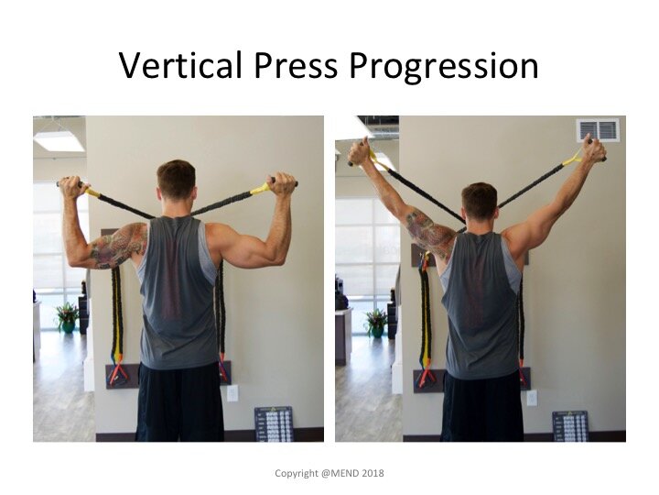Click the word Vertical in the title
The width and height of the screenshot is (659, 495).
click(181, 65)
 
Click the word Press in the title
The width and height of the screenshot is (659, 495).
click(296, 65)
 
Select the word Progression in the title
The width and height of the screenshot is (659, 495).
click(443, 68)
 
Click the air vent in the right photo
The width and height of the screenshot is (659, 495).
click(598, 130)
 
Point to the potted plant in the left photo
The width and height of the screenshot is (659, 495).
click(67, 317)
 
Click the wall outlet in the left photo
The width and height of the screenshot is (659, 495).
click(232, 393)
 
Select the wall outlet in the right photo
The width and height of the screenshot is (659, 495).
click(532, 398)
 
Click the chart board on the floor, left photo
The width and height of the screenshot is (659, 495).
click(274, 423)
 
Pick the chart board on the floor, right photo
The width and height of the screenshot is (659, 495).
click(570, 426)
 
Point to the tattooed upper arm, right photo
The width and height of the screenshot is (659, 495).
click(428, 231)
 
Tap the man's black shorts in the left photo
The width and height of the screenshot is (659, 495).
click(179, 402)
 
